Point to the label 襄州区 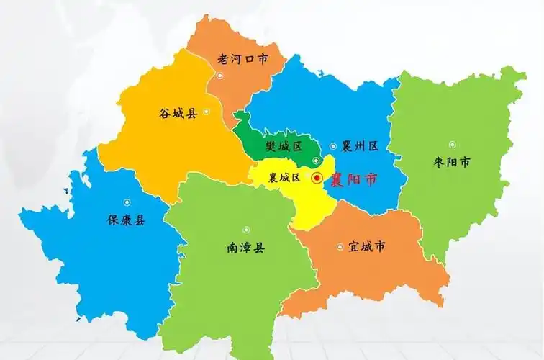[360, 146]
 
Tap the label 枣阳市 [453, 163]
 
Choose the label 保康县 [126, 220]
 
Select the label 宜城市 [366, 247]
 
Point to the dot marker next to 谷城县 [207, 112]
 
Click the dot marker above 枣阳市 [453, 145]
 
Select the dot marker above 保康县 [127, 202]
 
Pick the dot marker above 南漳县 [245, 229]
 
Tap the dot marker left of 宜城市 [340, 247]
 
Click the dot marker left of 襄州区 [332, 146]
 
